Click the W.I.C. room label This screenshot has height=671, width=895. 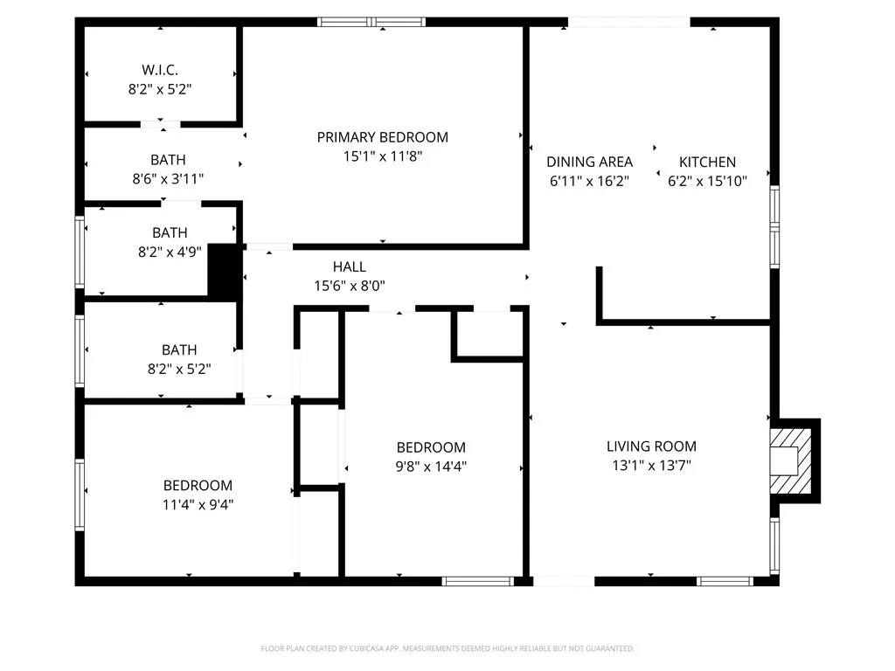pos(160,69)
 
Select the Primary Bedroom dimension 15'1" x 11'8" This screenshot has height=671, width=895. pos(382,156)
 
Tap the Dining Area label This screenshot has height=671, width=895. pos(589,162)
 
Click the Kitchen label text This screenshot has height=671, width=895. pos(707,162)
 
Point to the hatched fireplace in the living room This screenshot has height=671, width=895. pos(792,460)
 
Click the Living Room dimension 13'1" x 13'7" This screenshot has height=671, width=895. pos(651,466)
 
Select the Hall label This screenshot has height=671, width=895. pos(349,266)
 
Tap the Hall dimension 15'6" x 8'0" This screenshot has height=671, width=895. pos(349,286)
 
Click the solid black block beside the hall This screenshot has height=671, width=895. pos(223,272)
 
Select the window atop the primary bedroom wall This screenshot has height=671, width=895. pos(371,22)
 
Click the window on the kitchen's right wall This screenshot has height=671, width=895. pos(774,225)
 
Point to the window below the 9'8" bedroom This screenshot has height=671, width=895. pos(478,580)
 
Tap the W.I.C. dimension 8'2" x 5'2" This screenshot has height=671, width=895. pos(160,88)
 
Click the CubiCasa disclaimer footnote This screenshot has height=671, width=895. pos(447,648)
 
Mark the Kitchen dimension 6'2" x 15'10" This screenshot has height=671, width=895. pos(707,182)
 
